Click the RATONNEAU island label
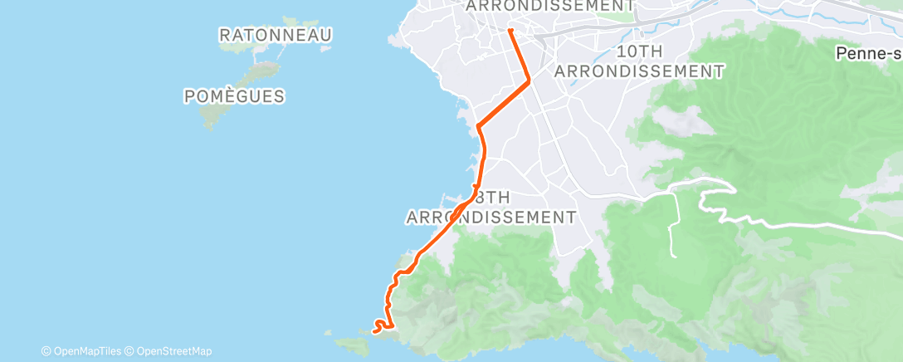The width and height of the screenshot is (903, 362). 276,35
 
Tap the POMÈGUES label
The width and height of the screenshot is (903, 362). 234,96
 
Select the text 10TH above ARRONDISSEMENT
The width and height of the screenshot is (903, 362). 639,51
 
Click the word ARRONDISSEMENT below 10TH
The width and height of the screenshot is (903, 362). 639,71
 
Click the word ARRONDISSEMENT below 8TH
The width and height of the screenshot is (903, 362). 491,218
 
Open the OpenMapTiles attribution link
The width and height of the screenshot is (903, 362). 80,351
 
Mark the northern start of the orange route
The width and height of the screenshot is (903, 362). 510,31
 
